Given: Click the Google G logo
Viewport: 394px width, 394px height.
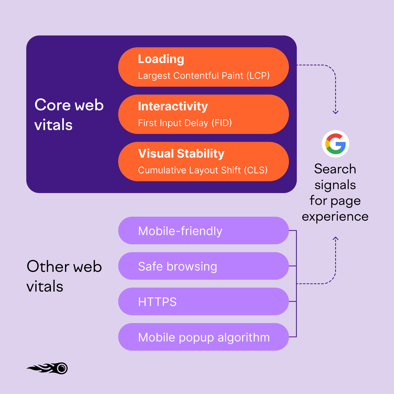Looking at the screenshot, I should pyautogui.click(x=335, y=144).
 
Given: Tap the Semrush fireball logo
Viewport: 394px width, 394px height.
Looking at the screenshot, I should pyautogui.click(x=48, y=368).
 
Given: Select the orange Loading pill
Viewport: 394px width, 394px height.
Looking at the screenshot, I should pyautogui.click(x=203, y=67).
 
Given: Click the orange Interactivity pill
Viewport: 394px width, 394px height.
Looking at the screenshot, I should pyautogui.click(x=203, y=114).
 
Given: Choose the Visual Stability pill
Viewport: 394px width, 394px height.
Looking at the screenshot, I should pyautogui.click(x=203, y=162).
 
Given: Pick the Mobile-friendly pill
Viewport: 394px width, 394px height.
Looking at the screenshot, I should pyautogui.click(x=203, y=230).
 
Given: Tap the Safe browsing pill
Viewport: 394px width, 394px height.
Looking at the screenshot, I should pyautogui.click(x=203, y=266).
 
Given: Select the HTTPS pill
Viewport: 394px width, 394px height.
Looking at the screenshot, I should pyautogui.click(x=203, y=301).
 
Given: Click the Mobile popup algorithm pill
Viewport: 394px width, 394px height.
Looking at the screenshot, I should pyautogui.click(x=203, y=337).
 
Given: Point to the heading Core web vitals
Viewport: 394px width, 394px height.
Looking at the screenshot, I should pyautogui.click(x=69, y=115).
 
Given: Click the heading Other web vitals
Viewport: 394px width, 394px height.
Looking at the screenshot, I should pyautogui.click(x=64, y=276).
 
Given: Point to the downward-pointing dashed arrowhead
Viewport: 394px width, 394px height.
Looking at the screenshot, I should pyautogui.click(x=335, y=112).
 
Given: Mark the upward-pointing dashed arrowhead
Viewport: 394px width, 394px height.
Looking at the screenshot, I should pyautogui.click(x=335, y=239).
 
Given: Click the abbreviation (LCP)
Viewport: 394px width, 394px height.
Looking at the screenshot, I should pyautogui.click(x=258, y=76).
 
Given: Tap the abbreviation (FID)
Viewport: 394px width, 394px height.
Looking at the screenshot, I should pyautogui.click(x=222, y=123).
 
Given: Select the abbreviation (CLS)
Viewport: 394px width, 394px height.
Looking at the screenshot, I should pyautogui.click(x=255, y=170).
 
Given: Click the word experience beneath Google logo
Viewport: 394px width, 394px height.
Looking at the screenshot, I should pyautogui.click(x=335, y=217).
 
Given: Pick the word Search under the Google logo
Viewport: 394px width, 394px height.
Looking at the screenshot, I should pyautogui.click(x=335, y=169).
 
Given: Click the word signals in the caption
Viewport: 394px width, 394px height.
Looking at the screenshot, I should pyautogui.click(x=335, y=185).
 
